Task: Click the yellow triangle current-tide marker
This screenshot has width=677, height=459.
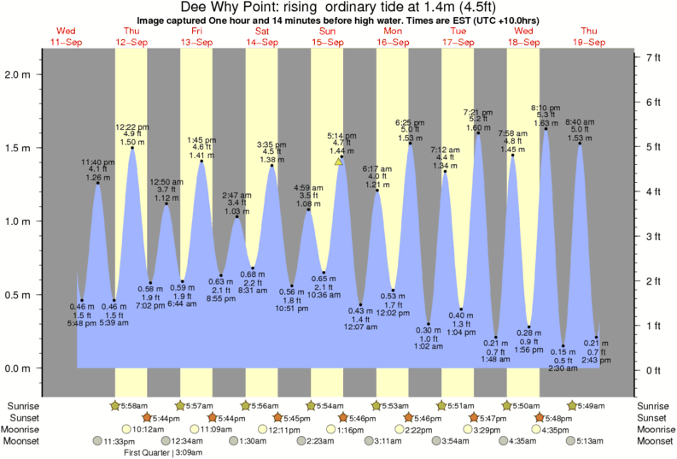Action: tap(339, 161)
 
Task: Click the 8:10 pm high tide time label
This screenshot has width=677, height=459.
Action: tap(546, 108)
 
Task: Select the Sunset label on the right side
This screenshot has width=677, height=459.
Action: tap(653, 417)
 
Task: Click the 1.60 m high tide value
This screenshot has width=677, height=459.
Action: tap(478, 127)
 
